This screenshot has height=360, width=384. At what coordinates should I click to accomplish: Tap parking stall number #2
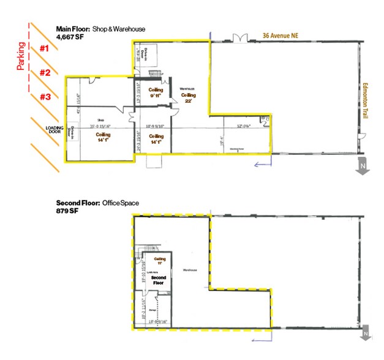[x=45, y=73]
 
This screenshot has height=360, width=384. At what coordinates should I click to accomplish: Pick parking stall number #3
[x=45, y=97]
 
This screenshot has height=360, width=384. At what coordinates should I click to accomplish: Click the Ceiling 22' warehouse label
[x=189, y=98]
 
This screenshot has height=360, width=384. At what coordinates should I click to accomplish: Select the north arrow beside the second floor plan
[x=365, y=332]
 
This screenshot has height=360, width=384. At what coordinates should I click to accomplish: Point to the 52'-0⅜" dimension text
[x=243, y=126]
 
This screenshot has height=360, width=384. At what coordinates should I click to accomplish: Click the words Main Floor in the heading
[x=72, y=29]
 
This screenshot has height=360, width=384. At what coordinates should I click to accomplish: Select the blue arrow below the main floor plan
[x=262, y=163]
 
